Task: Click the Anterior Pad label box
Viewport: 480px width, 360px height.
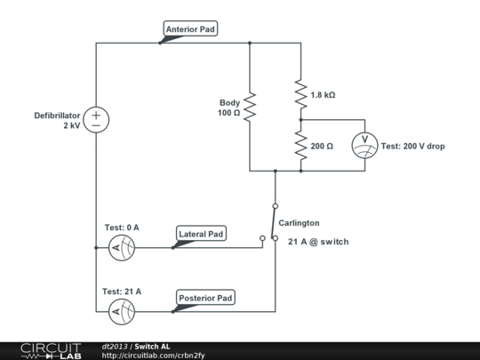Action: coord(190,29)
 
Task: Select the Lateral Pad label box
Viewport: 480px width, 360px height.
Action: coord(201,235)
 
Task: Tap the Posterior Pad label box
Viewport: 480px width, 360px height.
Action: coord(204,298)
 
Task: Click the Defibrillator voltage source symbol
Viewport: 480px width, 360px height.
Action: coord(96,120)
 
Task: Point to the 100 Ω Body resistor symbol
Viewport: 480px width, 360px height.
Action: coord(250,108)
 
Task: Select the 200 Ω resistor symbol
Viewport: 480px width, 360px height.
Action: coord(300,145)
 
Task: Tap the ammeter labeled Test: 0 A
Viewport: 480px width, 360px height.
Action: coord(121,248)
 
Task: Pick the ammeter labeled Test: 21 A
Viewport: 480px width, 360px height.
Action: coord(121,311)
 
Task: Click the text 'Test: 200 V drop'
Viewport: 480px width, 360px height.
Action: coord(412,146)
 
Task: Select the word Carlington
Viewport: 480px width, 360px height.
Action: coord(299,223)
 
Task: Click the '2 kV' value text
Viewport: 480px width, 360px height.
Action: coord(70,126)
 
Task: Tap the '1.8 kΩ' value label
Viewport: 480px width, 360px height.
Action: coord(323,94)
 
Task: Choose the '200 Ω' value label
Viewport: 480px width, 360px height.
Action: coord(322,145)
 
